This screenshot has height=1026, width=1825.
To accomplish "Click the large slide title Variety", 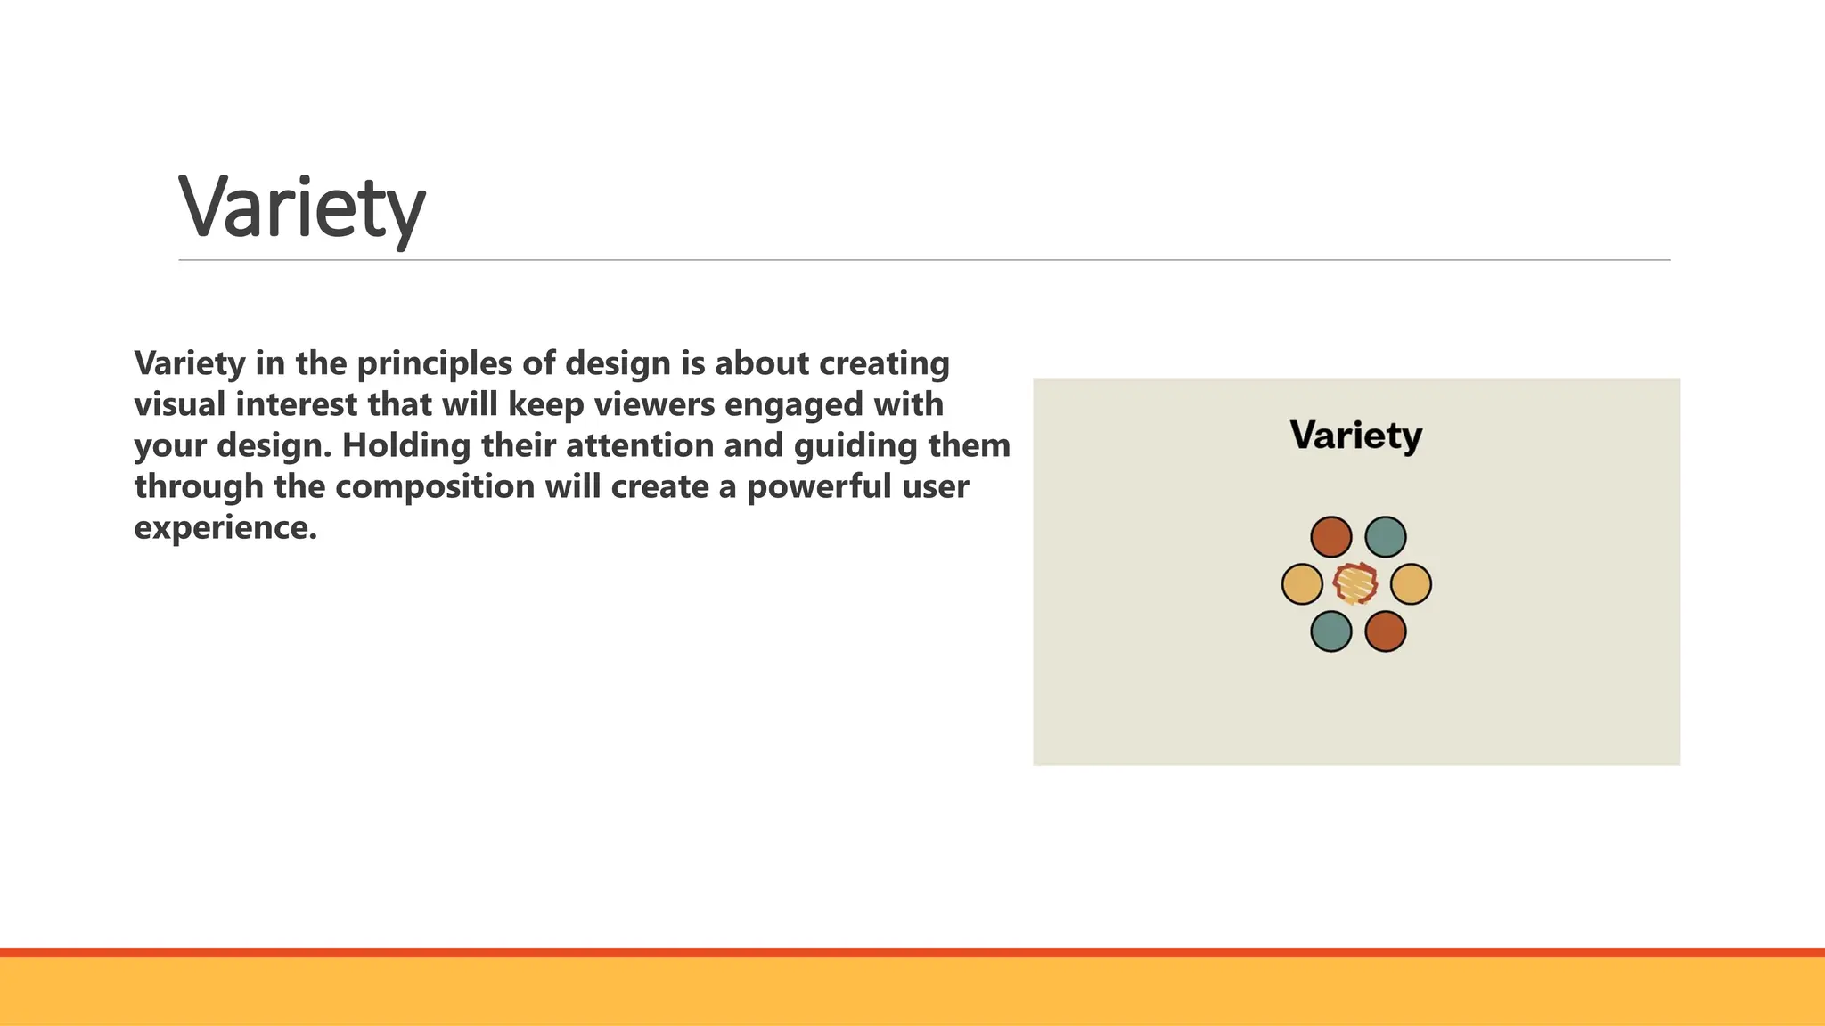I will [301, 208].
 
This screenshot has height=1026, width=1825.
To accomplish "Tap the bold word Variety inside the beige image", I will [1355, 436].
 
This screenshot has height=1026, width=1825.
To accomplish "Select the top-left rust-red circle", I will [1330, 537].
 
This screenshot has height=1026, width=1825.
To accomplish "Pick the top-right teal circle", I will [1385, 537].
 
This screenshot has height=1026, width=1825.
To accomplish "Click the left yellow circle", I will [1302, 584].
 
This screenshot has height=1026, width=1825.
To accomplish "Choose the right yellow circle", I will [1411, 584].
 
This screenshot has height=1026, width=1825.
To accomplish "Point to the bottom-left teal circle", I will [1330, 631].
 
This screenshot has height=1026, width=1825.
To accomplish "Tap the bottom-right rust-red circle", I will [1385, 631].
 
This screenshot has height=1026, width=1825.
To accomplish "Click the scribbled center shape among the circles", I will [1355, 584].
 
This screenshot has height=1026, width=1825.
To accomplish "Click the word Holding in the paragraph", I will [405, 445].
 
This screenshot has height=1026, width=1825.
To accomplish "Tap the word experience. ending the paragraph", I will [225, 528].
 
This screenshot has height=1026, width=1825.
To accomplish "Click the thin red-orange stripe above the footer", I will [912, 952].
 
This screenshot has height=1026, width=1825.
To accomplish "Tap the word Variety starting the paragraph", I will [189, 363].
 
